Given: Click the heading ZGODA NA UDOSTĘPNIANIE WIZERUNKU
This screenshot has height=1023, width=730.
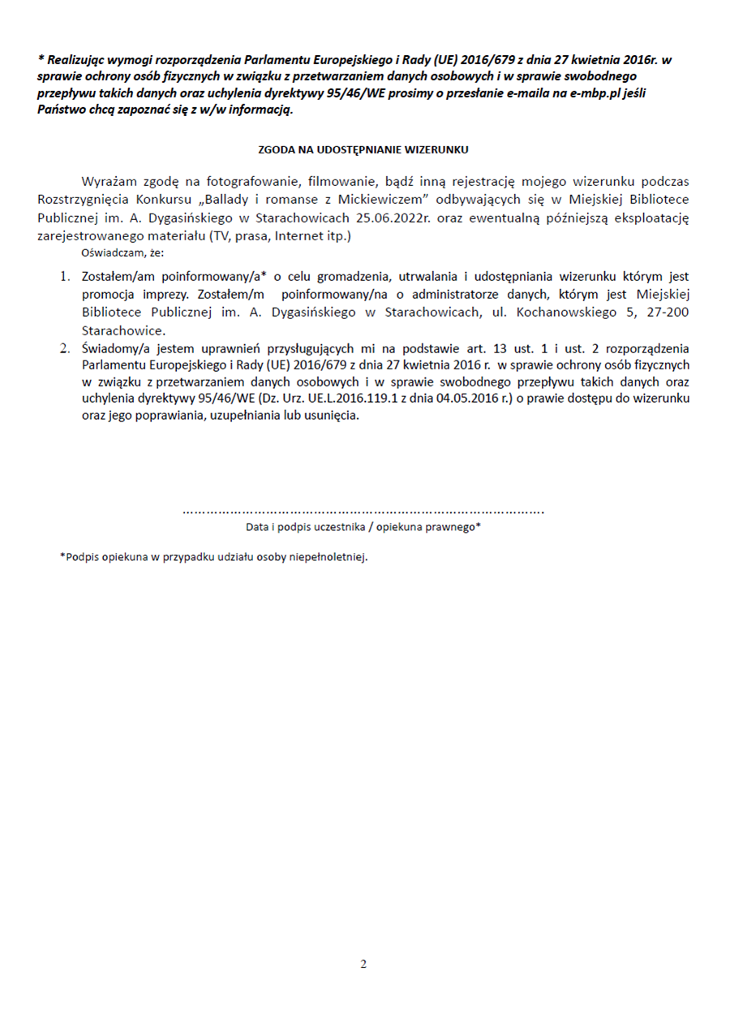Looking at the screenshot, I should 363,150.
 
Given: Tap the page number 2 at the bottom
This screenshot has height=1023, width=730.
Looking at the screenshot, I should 363,964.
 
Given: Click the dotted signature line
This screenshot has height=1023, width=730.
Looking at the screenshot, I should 363,511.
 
